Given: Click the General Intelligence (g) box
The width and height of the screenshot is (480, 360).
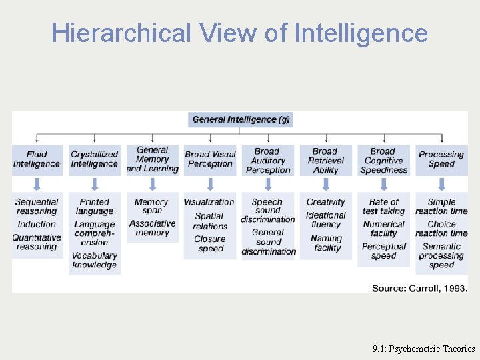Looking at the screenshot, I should [x=241, y=119].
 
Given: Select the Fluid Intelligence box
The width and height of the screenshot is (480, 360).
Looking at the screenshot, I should [x=37, y=159].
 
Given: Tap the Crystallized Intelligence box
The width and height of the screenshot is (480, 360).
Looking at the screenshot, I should [x=94, y=159].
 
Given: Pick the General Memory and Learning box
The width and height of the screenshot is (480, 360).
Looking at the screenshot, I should [x=152, y=159].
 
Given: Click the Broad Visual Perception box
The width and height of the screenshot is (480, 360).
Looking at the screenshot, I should [x=210, y=159].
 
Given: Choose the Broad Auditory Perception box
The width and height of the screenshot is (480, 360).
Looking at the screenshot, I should [x=268, y=160].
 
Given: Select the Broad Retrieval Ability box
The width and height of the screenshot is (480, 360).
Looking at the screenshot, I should [x=325, y=160].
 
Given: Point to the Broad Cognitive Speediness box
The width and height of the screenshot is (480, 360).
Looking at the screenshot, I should [x=383, y=160].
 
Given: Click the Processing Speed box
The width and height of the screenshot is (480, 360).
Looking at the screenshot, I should [x=441, y=159].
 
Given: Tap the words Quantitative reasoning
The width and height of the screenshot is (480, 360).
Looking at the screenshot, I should [x=37, y=242].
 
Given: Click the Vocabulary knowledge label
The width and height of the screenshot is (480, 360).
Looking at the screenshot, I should [x=94, y=260].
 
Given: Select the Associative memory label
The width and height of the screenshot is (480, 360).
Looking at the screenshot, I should [x=152, y=228].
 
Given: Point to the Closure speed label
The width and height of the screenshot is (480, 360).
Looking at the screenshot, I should [x=210, y=243].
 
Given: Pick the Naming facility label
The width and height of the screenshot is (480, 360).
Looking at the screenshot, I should [x=326, y=243].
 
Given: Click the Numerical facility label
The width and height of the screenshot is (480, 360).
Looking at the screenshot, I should [x=383, y=229].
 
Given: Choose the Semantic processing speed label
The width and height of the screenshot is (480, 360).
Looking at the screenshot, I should [x=441, y=255].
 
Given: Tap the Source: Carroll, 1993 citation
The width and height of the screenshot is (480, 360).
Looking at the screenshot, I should [x=419, y=288].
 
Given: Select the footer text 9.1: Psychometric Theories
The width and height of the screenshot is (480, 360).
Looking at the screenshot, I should [x=424, y=348].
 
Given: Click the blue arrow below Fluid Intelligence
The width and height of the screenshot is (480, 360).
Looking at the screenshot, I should [x=37, y=184].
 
